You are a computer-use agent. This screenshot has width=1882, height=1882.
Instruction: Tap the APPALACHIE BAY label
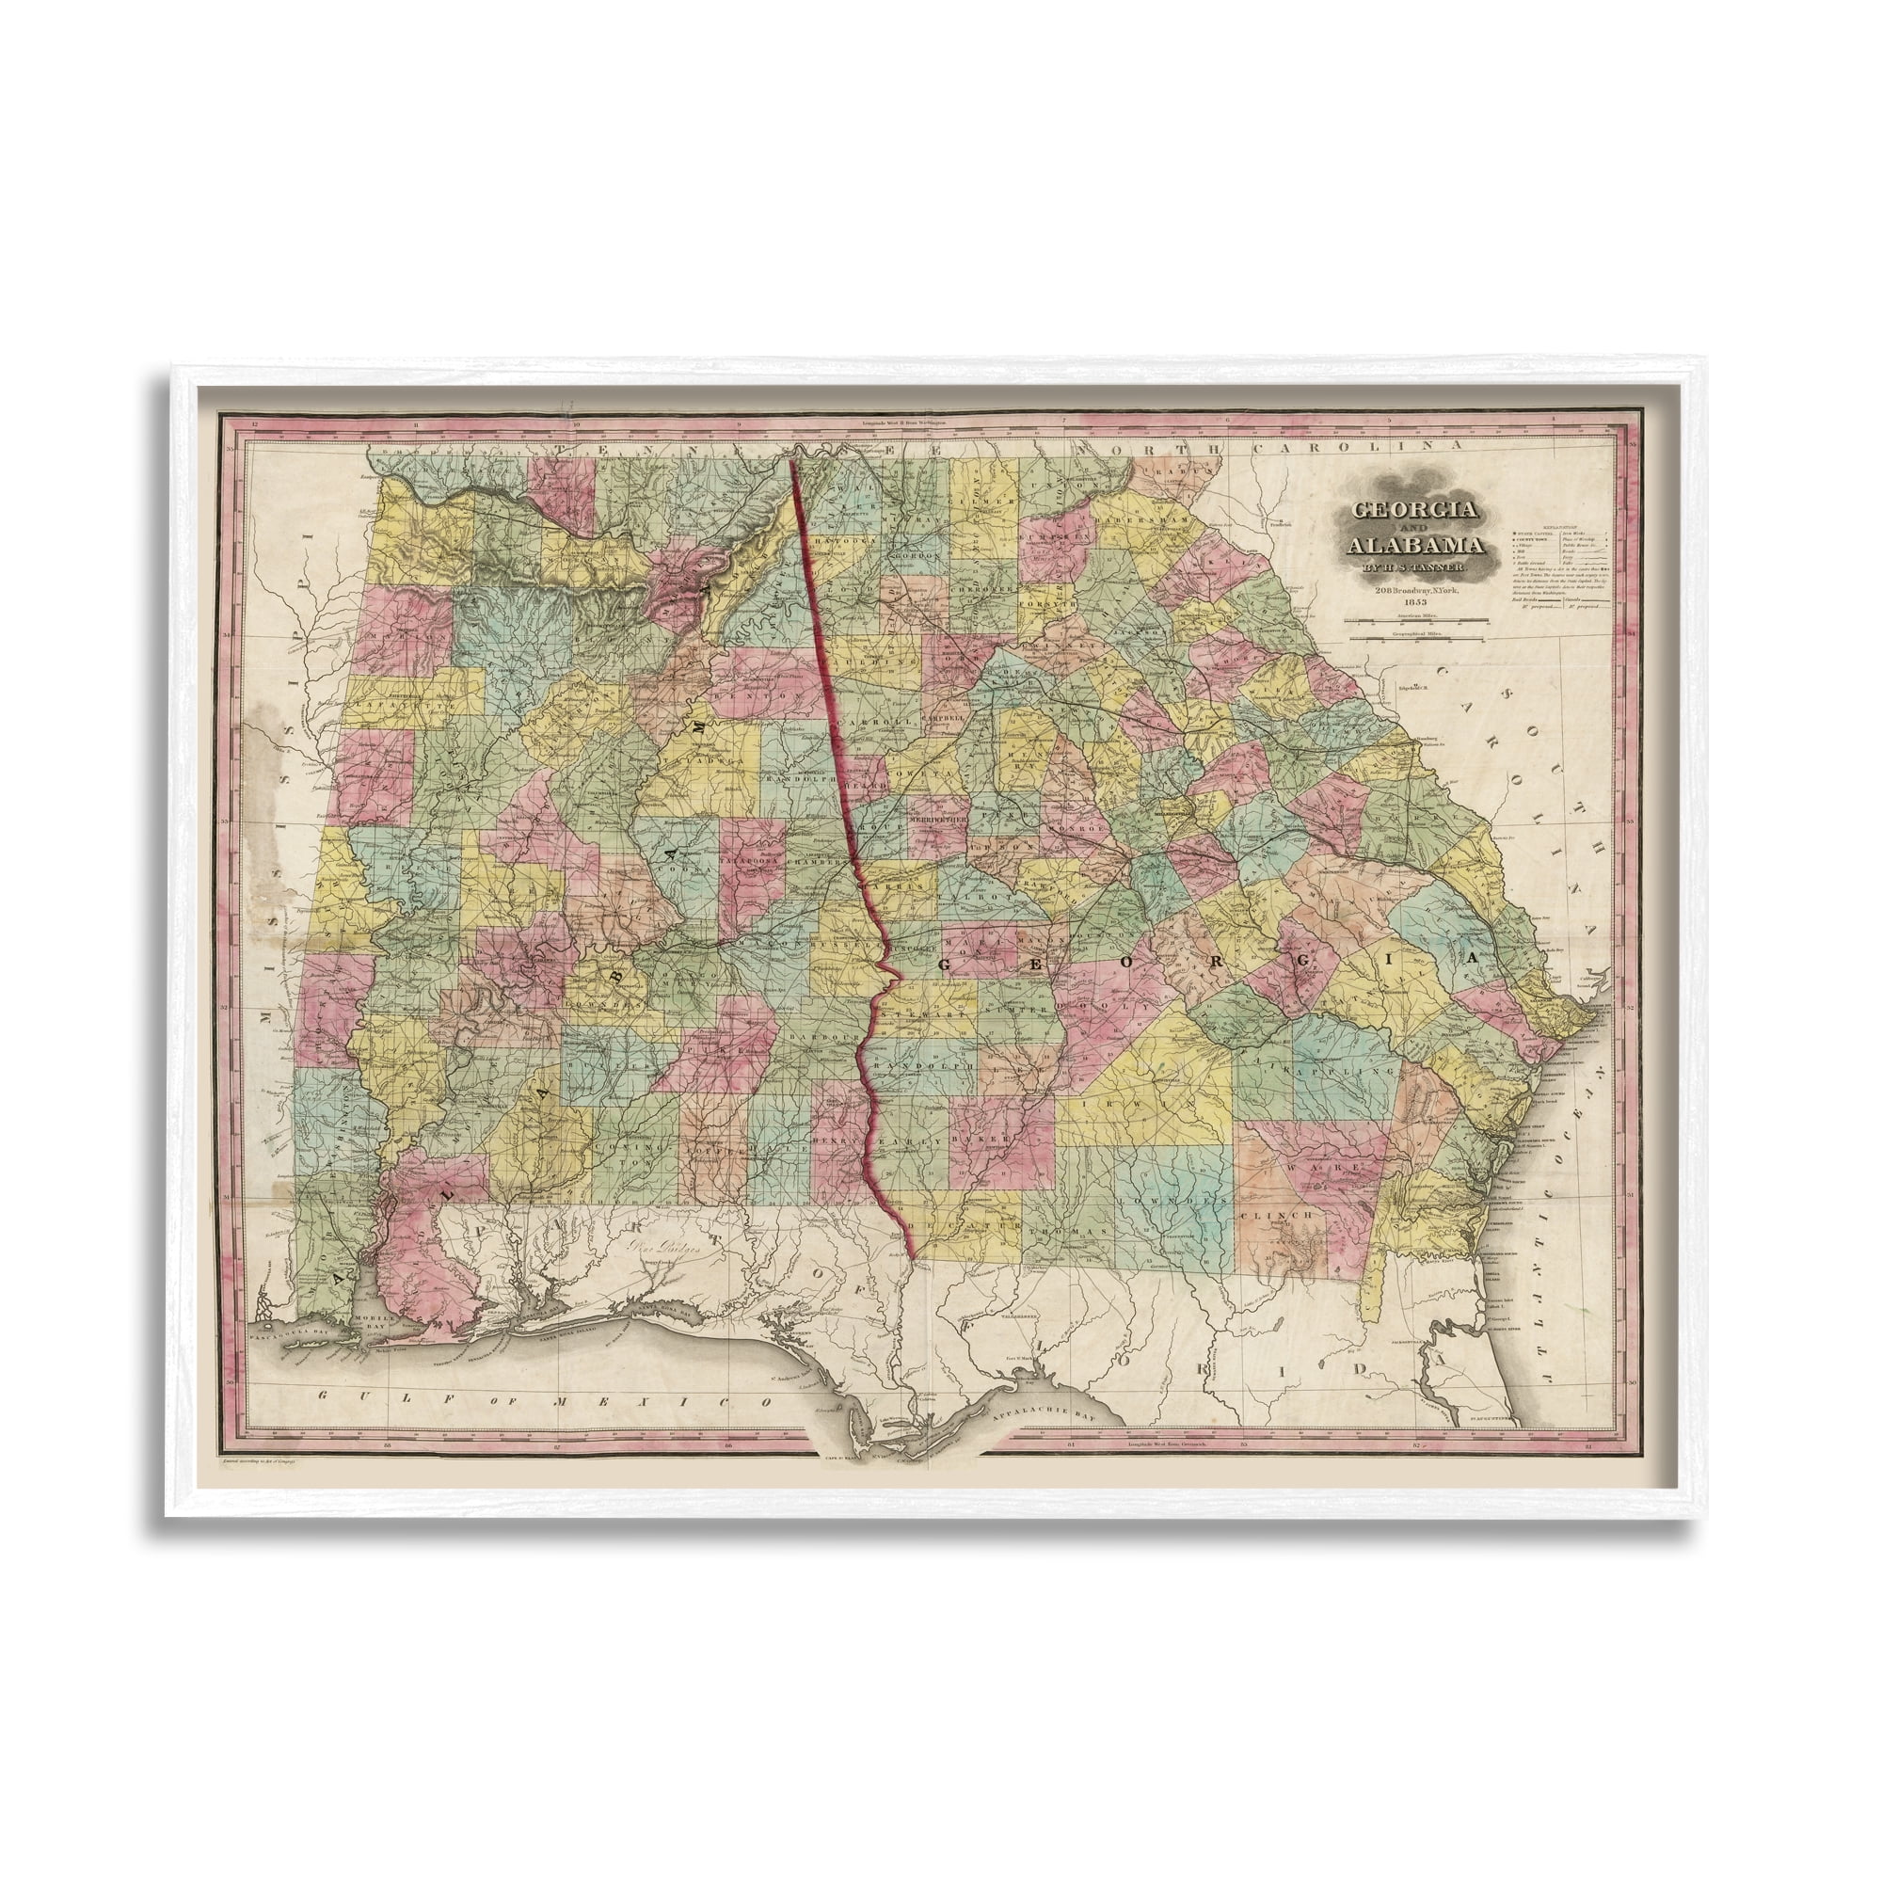(1051, 1410)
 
